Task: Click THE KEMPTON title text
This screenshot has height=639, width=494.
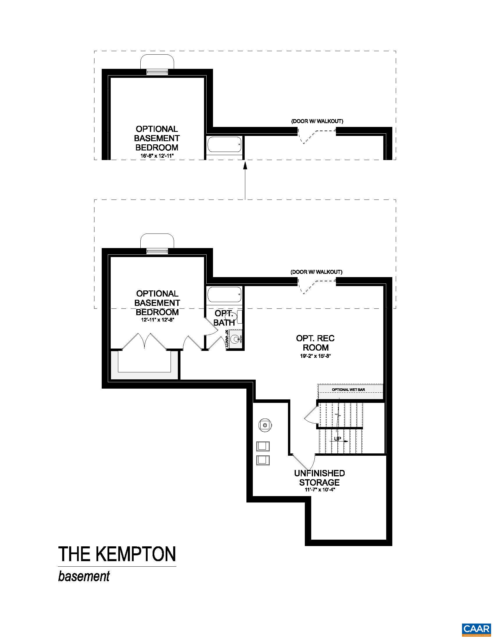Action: click(x=117, y=554)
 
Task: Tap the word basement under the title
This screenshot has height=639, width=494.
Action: click(x=84, y=576)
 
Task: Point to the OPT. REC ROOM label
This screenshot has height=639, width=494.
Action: click(x=316, y=343)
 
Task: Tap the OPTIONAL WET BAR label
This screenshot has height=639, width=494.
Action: click(x=348, y=390)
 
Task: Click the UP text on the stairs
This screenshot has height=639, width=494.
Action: click(x=337, y=439)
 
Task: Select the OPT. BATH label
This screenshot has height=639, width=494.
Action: click(x=224, y=318)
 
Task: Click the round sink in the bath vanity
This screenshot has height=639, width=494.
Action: click(x=235, y=339)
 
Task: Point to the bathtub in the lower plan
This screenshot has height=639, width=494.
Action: click(x=224, y=295)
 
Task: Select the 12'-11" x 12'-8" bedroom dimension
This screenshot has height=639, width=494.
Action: click(x=157, y=320)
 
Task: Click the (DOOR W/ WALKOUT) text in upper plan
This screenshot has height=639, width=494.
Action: click(x=317, y=121)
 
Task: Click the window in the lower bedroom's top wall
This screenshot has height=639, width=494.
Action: click(x=157, y=251)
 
